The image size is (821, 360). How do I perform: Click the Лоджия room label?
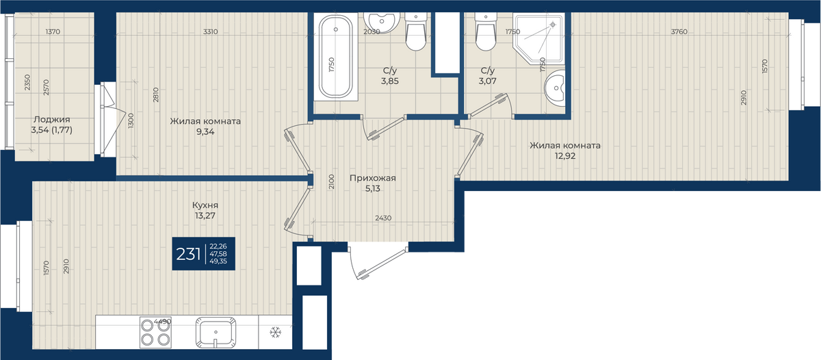click(x=52, y=120)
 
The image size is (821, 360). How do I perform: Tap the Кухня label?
click(x=205, y=205)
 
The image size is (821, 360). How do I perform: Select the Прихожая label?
click(x=372, y=178)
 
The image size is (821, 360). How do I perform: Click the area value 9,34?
click(x=205, y=132)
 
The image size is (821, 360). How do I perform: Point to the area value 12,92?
click(x=565, y=156)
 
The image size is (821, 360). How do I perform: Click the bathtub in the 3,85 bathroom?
click(x=336, y=57)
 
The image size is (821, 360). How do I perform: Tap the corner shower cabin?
click(x=538, y=40)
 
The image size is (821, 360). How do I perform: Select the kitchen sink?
click(x=216, y=332)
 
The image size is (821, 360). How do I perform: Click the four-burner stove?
click(x=155, y=332)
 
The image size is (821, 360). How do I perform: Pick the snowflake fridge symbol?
click(x=275, y=333)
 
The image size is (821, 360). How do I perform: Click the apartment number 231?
click(x=188, y=254)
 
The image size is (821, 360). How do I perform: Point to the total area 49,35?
click(x=218, y=261)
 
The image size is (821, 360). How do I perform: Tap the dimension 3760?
click(x=679, y=32)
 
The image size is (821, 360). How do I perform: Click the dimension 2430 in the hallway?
click(x=383, y=218)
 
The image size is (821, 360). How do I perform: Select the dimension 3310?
click(x=211, y=32)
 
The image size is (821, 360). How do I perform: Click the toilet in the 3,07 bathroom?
click(x=485, y=31)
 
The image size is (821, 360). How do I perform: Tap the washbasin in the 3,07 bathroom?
click(x=554, y=88)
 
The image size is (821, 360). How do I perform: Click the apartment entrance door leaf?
click(x=382, y=263)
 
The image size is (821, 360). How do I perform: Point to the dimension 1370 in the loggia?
click(x=53, y=32)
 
